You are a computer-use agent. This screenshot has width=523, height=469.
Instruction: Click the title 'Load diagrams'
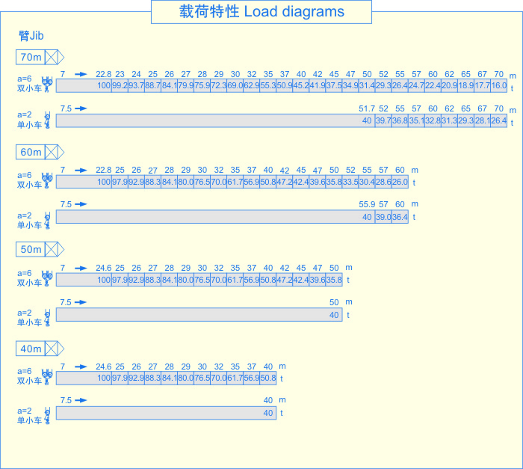click(x=261, y=12)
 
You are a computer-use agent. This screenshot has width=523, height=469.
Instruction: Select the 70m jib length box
click(x=31, y=57)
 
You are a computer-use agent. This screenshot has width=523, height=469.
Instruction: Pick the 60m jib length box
click(x=31, y=152)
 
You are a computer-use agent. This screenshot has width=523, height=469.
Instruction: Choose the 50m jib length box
click(x=31, y=249)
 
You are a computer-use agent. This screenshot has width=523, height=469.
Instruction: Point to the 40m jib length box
click(x=31, y=349)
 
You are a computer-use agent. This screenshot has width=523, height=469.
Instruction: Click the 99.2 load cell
click(x=120, y=86)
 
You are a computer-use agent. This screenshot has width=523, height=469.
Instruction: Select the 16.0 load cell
click(x=499, y=86)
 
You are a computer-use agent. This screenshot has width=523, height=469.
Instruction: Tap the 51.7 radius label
click(x=367, y=109)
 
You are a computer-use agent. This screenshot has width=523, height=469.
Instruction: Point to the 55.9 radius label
click(x=367, y=204)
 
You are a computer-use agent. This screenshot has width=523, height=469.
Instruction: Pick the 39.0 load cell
click(x=383, y=217)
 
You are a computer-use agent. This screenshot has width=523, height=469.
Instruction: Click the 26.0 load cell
click(x=400, y=182)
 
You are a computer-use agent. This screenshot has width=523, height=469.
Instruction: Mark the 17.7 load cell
click(x=483, y=86)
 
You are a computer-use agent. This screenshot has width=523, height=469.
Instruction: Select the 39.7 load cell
click(x=383, y=120)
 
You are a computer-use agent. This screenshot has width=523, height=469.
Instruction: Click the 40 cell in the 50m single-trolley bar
click(x=334, y=315)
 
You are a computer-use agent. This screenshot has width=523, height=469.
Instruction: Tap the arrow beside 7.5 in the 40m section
click(x=81, y=400)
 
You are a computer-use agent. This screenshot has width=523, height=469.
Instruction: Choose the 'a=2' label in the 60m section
click(x=25, y=215)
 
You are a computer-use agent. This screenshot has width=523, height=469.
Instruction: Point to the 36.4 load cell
click(x=400, y=217)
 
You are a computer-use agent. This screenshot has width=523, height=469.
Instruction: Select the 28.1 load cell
click(x=483, y=120)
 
